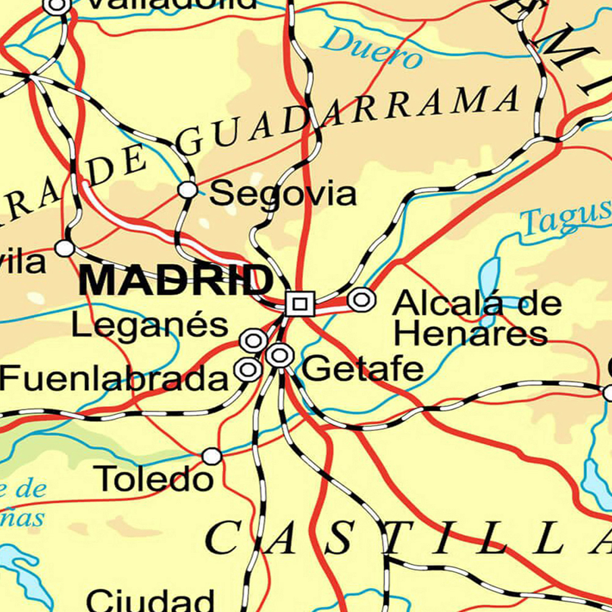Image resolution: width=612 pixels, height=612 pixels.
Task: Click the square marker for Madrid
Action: (300, 303)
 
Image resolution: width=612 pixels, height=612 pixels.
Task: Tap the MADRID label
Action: (176, 281)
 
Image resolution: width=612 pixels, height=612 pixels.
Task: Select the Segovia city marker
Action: (188, 190)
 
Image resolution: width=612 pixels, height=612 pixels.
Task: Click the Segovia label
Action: (282, 194)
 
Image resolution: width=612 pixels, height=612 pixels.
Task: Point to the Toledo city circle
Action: (212, 456)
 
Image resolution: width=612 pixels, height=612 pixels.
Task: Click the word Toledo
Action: (156, 479)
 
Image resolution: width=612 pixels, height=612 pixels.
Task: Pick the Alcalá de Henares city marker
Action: (361, 300)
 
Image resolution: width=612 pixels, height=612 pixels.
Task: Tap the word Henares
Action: (470, 334)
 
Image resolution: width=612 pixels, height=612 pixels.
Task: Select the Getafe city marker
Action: (280, 355)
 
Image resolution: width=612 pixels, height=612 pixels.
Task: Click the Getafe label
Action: (363, 369)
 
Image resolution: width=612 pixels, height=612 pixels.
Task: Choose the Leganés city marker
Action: (254, 341)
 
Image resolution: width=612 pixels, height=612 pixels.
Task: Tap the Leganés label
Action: (150, 325)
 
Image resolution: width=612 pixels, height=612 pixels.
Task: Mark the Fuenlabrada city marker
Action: (248, 369)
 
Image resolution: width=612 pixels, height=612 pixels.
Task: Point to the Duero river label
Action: (372, 48)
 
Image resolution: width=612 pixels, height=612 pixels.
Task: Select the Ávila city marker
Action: (64, 248)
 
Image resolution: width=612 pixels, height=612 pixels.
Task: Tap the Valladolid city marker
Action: (57, 6)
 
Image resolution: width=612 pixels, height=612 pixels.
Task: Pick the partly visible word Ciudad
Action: (150, 600)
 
